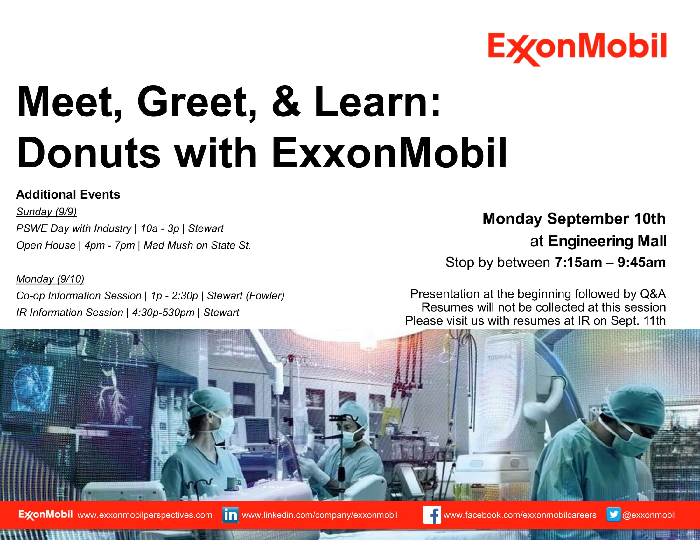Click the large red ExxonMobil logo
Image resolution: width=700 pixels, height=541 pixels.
tap(577, 48)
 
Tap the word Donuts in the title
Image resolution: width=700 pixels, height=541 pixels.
tap(88, 153)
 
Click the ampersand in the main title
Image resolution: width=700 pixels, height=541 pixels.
tap(286, 102)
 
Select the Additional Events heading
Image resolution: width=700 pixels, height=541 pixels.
tap(68, 194)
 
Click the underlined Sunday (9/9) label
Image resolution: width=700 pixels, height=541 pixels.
tap(46, 212)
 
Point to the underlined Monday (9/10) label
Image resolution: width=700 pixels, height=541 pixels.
tap(50, 279)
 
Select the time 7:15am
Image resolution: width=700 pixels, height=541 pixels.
tap(578, 263)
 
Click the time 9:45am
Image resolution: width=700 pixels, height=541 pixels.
tap(641, 263)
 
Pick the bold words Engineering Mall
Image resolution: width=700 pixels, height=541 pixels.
tap(607, 241)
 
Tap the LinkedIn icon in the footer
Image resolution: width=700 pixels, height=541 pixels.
tap(230, 515)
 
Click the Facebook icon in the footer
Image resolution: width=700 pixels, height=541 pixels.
tap(432, 515)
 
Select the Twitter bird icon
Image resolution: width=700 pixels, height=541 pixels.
tap(613, 514)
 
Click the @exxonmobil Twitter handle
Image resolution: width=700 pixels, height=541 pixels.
tap(649, 515)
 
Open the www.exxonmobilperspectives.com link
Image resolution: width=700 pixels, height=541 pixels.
tap(145, 515)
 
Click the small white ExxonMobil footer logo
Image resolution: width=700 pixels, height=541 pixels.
tap(45, 515)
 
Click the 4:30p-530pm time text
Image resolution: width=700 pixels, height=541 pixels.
tap(163, 313)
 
